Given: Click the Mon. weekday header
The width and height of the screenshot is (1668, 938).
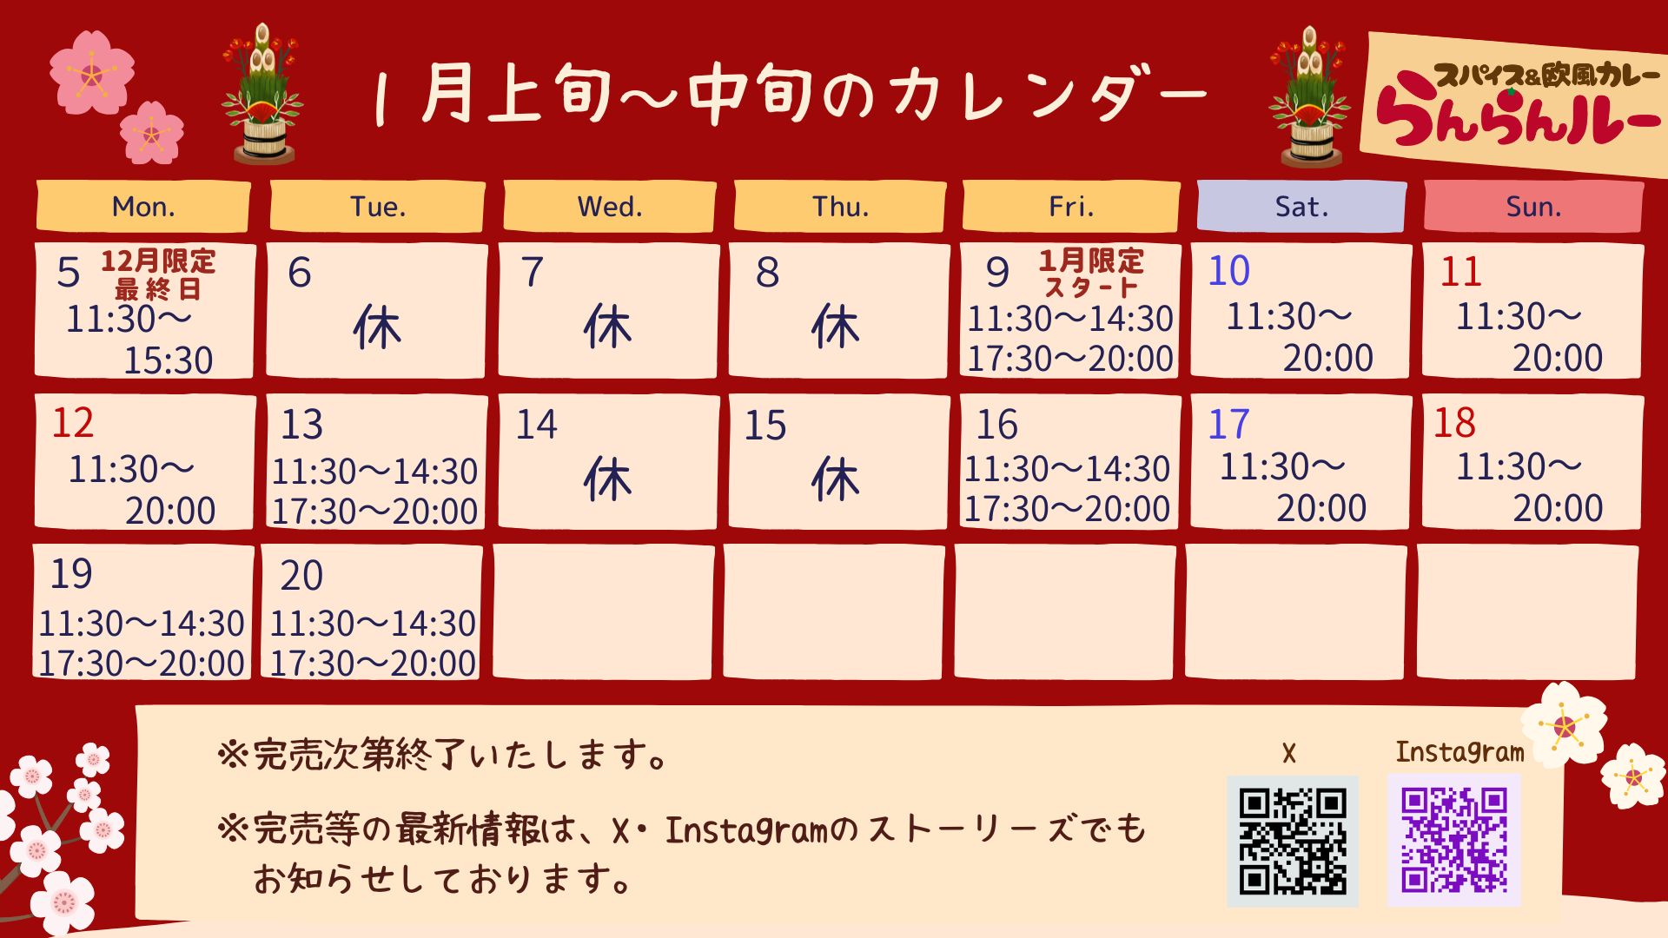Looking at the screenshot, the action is pyautogui.click(x=143, y=207).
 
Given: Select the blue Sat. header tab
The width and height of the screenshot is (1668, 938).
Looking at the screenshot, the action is pyautogui.click(x=1301, y=207).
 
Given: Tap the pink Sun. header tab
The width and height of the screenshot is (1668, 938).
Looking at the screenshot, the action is pyautogui.click(x=1533, y=207).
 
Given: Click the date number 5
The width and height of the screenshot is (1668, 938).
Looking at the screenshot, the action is pyautogui.click(x=69, y=273).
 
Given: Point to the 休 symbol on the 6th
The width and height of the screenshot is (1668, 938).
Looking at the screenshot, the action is pyautogui.click(x=377, y=328).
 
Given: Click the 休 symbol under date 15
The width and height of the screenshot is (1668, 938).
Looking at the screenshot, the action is pyautogui.click(x=835, y=479).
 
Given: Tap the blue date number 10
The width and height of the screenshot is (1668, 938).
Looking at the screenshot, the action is pyautogui.click(x=1228, y=271).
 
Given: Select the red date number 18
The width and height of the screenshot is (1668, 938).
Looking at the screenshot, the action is pyautogui.click(x=1454, y=423).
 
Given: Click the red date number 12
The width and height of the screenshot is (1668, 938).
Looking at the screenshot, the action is pyautogui.click(x=72, y=423).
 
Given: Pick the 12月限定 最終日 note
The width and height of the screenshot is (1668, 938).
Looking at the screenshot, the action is pyautogui.click(x=158, y=274).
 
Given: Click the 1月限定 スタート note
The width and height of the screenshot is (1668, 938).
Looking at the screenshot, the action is pyautogui.click(x=1092, y=273).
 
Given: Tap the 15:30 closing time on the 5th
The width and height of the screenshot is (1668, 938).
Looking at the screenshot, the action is pyautogui.click(x=168, y=360).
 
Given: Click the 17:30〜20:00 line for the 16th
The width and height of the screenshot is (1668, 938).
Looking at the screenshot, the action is pyautogui.click(x=1068, y=509).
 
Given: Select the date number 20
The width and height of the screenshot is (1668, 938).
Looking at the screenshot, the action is pyautogui.click(x=301, y=575).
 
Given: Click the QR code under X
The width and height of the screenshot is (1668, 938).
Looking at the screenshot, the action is pyautogui.click(x=1293, y=841).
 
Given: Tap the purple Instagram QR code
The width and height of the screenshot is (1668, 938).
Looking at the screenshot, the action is pyautogui.click(x=1454, y=841).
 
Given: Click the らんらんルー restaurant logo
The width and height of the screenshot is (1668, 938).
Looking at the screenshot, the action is pyautogui.click(x=1516, y=104).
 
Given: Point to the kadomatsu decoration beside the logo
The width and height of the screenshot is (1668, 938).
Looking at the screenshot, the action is pyautogui.click(x=1309, y=96).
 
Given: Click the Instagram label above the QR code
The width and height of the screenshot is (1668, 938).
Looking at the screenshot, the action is pyautogui.click(x=1459, y=752).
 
